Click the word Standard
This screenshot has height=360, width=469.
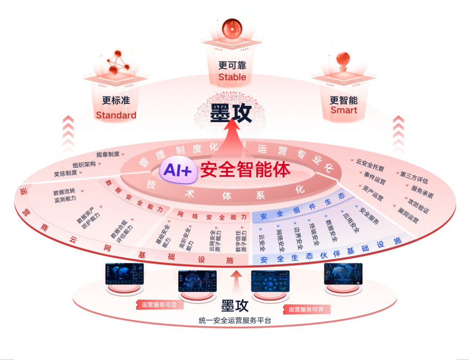click(x=116, y=115)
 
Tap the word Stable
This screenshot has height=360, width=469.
click(x=232, y=77)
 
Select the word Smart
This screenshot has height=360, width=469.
click(x=343, y=111)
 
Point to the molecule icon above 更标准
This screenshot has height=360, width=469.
click(x=117, y=63)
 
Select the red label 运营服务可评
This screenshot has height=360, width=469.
click(x=309, y=309)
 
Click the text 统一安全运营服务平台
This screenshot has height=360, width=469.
click(x=234, y=321)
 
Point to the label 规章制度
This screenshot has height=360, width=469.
click(x=108, y=154)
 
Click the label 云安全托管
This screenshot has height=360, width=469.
click(x=370, y=161)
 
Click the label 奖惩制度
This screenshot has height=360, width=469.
click(x=65, y=174)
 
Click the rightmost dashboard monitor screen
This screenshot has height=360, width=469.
click(x=343, y=273)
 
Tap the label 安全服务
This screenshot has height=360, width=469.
click(x=369, y=216)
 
